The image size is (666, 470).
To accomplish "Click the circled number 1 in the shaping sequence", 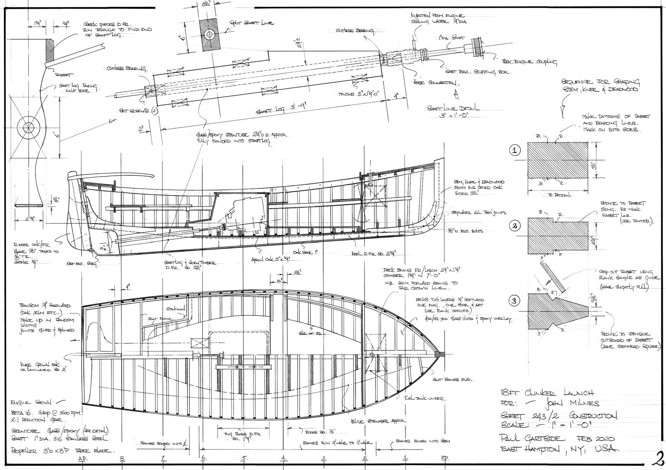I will pyautogui.click(x=515, y=151).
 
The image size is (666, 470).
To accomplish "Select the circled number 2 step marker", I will pyautogui.click(x=515, y=226).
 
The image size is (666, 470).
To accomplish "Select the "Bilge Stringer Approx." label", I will pyautogui.click(x=378, y=421).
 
